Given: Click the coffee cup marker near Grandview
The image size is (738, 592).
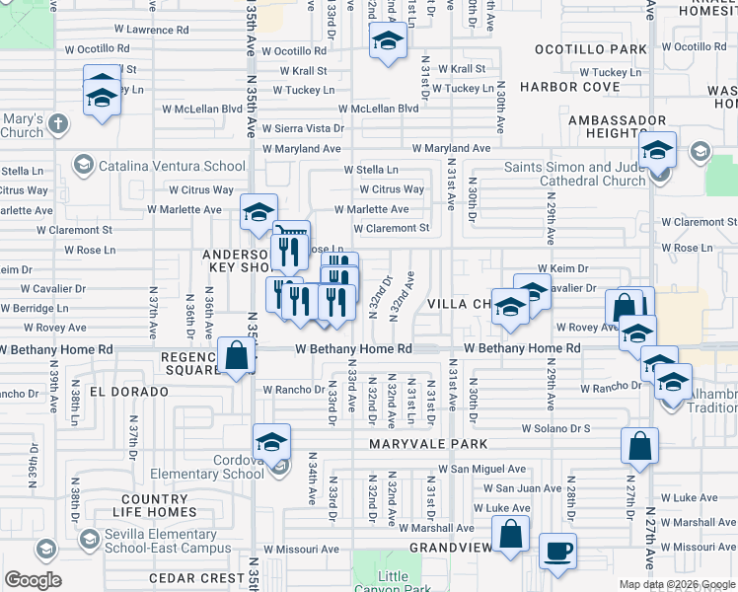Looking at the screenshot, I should pos(558,551).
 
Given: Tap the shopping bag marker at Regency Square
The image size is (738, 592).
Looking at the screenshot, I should pos(237,356).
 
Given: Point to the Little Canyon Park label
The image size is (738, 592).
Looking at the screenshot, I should pos(393,583).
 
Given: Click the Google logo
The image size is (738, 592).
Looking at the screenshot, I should pos(33,580).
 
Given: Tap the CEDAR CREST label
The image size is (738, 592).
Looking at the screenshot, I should pos(195,577).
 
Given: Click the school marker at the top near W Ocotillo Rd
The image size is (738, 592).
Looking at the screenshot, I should pos(388,41).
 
